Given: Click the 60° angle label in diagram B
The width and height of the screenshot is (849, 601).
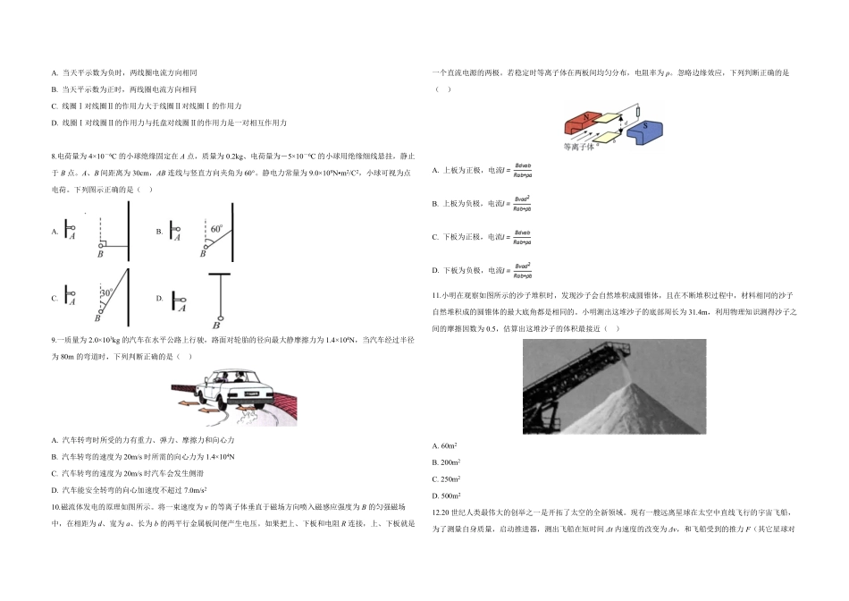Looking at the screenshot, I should (x=216, y=229).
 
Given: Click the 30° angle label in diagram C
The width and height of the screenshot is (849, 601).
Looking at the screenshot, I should (x=105, y=292).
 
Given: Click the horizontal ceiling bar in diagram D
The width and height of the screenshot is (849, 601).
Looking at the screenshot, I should (x=218, y=274).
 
